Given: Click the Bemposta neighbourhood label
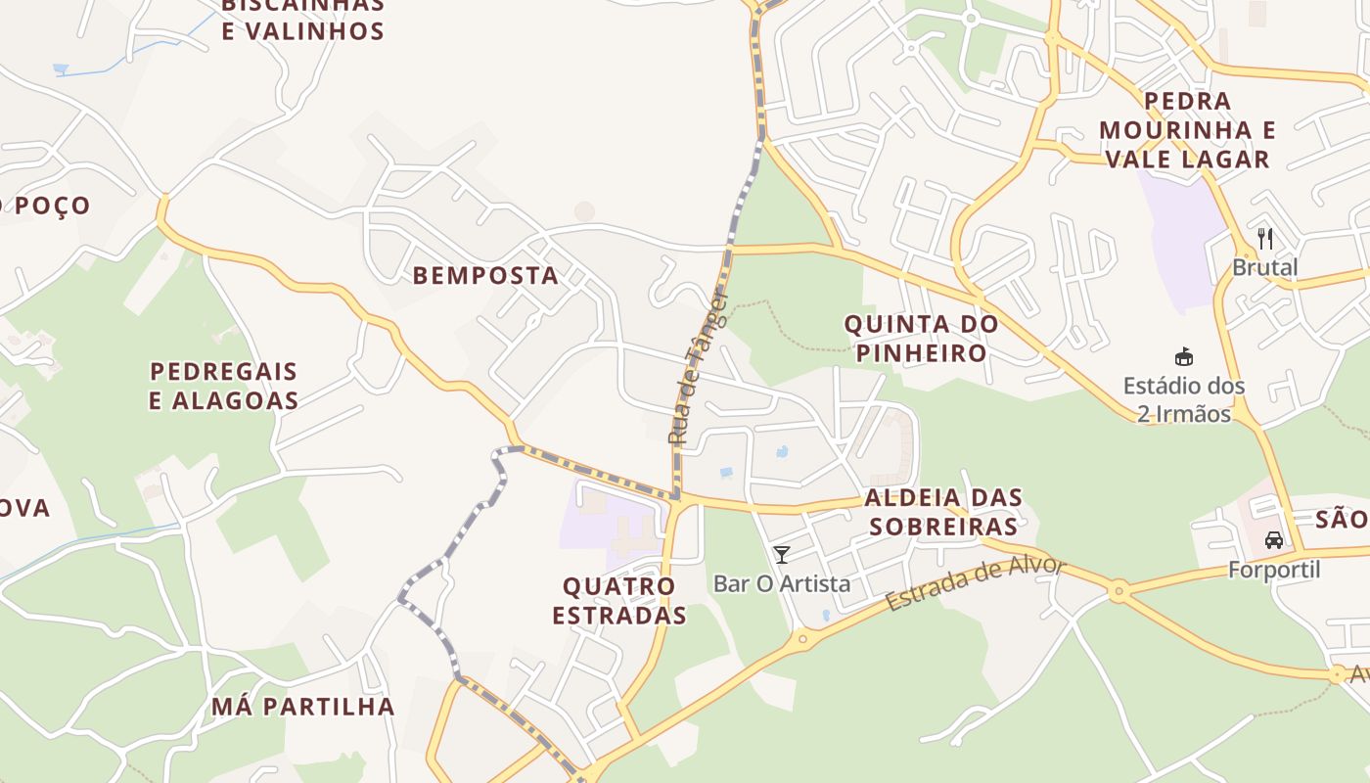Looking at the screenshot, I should tap(485, 276).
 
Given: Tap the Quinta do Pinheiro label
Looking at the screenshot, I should tap(921, 338).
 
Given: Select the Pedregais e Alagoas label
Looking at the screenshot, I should tap(223, 386).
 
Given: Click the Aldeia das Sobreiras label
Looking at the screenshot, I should tap(944, 512).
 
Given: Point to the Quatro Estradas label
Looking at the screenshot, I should tap(619, 600).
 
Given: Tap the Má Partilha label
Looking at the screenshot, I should tap(303, 707).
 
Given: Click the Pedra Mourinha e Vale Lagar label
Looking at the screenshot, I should tap(1186, 129).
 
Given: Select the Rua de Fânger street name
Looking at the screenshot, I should tap(699, 367).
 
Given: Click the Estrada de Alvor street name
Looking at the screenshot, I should tap(975, 583).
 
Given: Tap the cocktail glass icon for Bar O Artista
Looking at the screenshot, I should tap(781, 555).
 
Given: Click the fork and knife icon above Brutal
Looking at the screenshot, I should tap(1264, 238).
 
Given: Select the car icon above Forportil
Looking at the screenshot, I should tap(1273, 540).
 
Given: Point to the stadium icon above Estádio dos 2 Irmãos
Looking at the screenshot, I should tap(1183, 356).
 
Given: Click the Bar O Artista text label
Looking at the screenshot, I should tap(781, 584).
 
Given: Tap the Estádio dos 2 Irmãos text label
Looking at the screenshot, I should tap(1183, 399).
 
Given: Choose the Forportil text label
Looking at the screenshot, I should tap(1274, 570).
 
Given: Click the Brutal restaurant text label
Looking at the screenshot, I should tap(1264, 267).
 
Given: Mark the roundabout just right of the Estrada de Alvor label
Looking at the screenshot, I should tap(1118, 590).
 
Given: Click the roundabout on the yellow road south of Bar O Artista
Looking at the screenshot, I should tap(803, 639).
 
